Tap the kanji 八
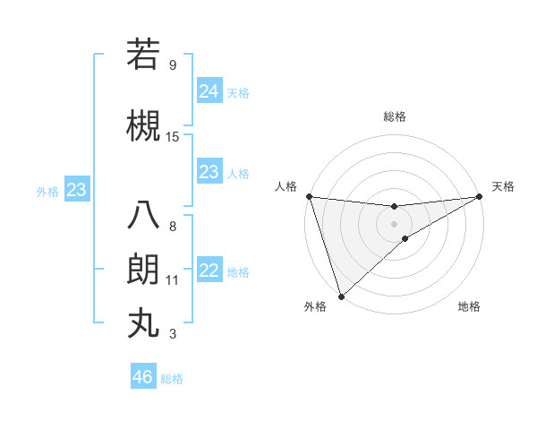tap(143, 216)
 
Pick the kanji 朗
tap(143, 270)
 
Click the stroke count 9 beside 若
tap(172, 64)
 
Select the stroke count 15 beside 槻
tap(173, 137)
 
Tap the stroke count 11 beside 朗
tap(173, 280)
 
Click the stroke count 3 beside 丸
tap(172, 334)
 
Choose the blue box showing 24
tap(209, 90)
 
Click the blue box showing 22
tap(209, 271)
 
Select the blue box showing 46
tap(143, 376)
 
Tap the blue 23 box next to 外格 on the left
tap(76, 189)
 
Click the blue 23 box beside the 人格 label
tap(209, 172)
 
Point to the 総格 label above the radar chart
tap(394, 116)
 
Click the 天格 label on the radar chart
tap(503, 186)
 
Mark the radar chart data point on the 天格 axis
tap(481, 196)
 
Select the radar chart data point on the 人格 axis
tap(308, 196)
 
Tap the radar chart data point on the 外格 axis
tap(340, 296)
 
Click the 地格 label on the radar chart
tap(469, 306)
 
